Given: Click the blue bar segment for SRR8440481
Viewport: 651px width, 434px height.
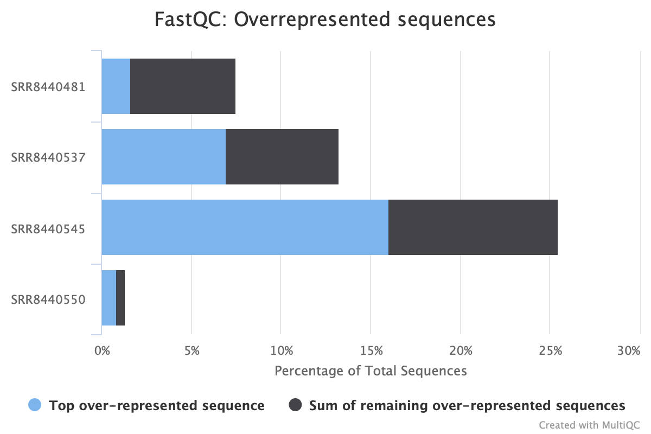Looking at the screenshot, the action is click(116, 86).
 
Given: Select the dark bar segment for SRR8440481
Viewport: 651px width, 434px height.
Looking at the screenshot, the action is click(183, 86).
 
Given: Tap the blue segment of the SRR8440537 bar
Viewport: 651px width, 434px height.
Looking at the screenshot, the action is click(164, 157).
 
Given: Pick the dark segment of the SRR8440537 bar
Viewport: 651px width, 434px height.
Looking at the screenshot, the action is click(282, 157).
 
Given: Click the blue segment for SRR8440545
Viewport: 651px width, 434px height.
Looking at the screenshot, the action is click(245, 227).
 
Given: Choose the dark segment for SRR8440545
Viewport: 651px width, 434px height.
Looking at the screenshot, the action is click(473, 227).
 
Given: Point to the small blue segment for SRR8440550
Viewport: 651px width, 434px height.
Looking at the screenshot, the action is click(109, 298).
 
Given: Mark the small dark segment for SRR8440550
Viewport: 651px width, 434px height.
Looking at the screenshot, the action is click(120, 298).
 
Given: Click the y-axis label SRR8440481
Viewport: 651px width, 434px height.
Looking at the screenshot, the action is click(48, 87).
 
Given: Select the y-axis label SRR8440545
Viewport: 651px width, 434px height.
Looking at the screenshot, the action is click(48, 229).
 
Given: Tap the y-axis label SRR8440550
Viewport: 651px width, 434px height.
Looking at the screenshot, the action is click(48, 299).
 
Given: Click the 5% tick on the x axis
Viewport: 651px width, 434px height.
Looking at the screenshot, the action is click(192, 351).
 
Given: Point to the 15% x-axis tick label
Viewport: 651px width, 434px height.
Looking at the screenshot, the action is click(372, 351).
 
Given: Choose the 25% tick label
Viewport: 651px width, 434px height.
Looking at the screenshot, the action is click(551, 351).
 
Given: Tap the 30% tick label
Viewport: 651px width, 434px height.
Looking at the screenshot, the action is click(629, 351).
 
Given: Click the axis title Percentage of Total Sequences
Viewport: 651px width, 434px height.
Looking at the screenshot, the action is click(371, 371).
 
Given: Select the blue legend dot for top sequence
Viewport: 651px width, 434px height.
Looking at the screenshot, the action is click(35, 405).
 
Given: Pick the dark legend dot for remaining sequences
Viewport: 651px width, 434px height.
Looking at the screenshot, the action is click(295, 405).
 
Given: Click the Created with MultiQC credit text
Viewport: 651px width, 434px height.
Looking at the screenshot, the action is click(589, 425).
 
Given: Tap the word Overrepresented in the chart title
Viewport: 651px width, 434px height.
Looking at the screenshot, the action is click(312, 20).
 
